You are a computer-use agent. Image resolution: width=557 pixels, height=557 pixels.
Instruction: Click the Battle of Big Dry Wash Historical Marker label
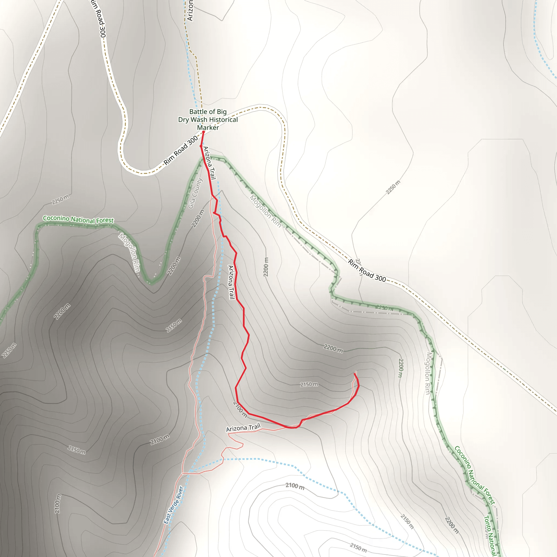pos(208,119)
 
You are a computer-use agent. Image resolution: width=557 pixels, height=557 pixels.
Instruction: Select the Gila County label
pos(196,193)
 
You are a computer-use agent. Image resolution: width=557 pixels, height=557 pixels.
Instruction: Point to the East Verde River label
pos(173,505)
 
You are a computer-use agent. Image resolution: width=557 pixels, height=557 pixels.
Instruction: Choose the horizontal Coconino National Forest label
pos(78,219)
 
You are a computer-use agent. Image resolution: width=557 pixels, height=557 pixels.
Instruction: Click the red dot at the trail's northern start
pos(203,132)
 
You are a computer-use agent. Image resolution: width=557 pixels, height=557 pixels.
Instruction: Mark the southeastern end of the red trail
pos(354,374)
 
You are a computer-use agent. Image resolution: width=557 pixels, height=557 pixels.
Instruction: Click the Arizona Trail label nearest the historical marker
pos(210,163)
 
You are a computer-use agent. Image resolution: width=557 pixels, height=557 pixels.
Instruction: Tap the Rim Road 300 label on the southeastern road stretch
pos(367,271)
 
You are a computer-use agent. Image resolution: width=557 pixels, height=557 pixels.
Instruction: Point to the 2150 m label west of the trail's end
pos(309,385)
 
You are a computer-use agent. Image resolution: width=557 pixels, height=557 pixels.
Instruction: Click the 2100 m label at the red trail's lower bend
pos(240,409)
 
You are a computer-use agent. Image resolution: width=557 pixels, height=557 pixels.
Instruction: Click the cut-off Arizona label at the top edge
pos(190,10)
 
